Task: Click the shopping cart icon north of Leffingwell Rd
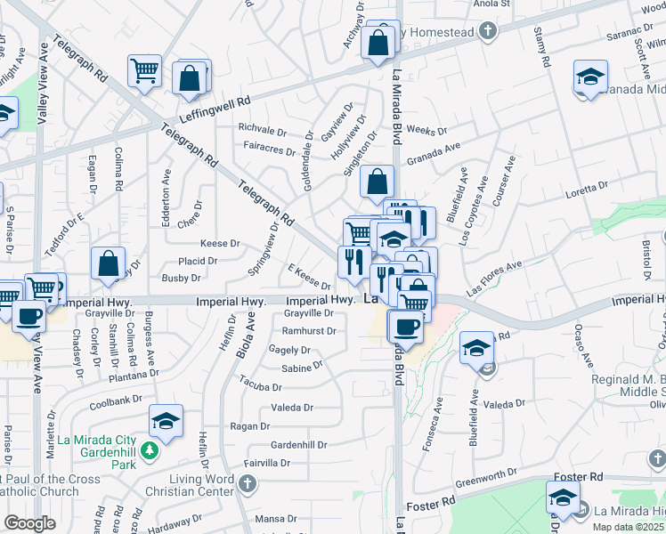[143, 70]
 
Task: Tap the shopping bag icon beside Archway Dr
[378, 42]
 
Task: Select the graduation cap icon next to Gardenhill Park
[166, 421]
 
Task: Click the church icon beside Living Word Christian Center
[248, 483]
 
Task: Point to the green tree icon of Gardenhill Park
[150, 451]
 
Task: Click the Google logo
[29, 523]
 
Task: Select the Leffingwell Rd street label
[215, 110]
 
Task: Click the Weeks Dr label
[426, 131]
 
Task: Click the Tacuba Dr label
[261, 386]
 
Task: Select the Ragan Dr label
[243, 426]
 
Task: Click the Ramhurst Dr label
[309, 330]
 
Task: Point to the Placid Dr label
[198, 261]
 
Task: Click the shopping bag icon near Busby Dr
[108, 263]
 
